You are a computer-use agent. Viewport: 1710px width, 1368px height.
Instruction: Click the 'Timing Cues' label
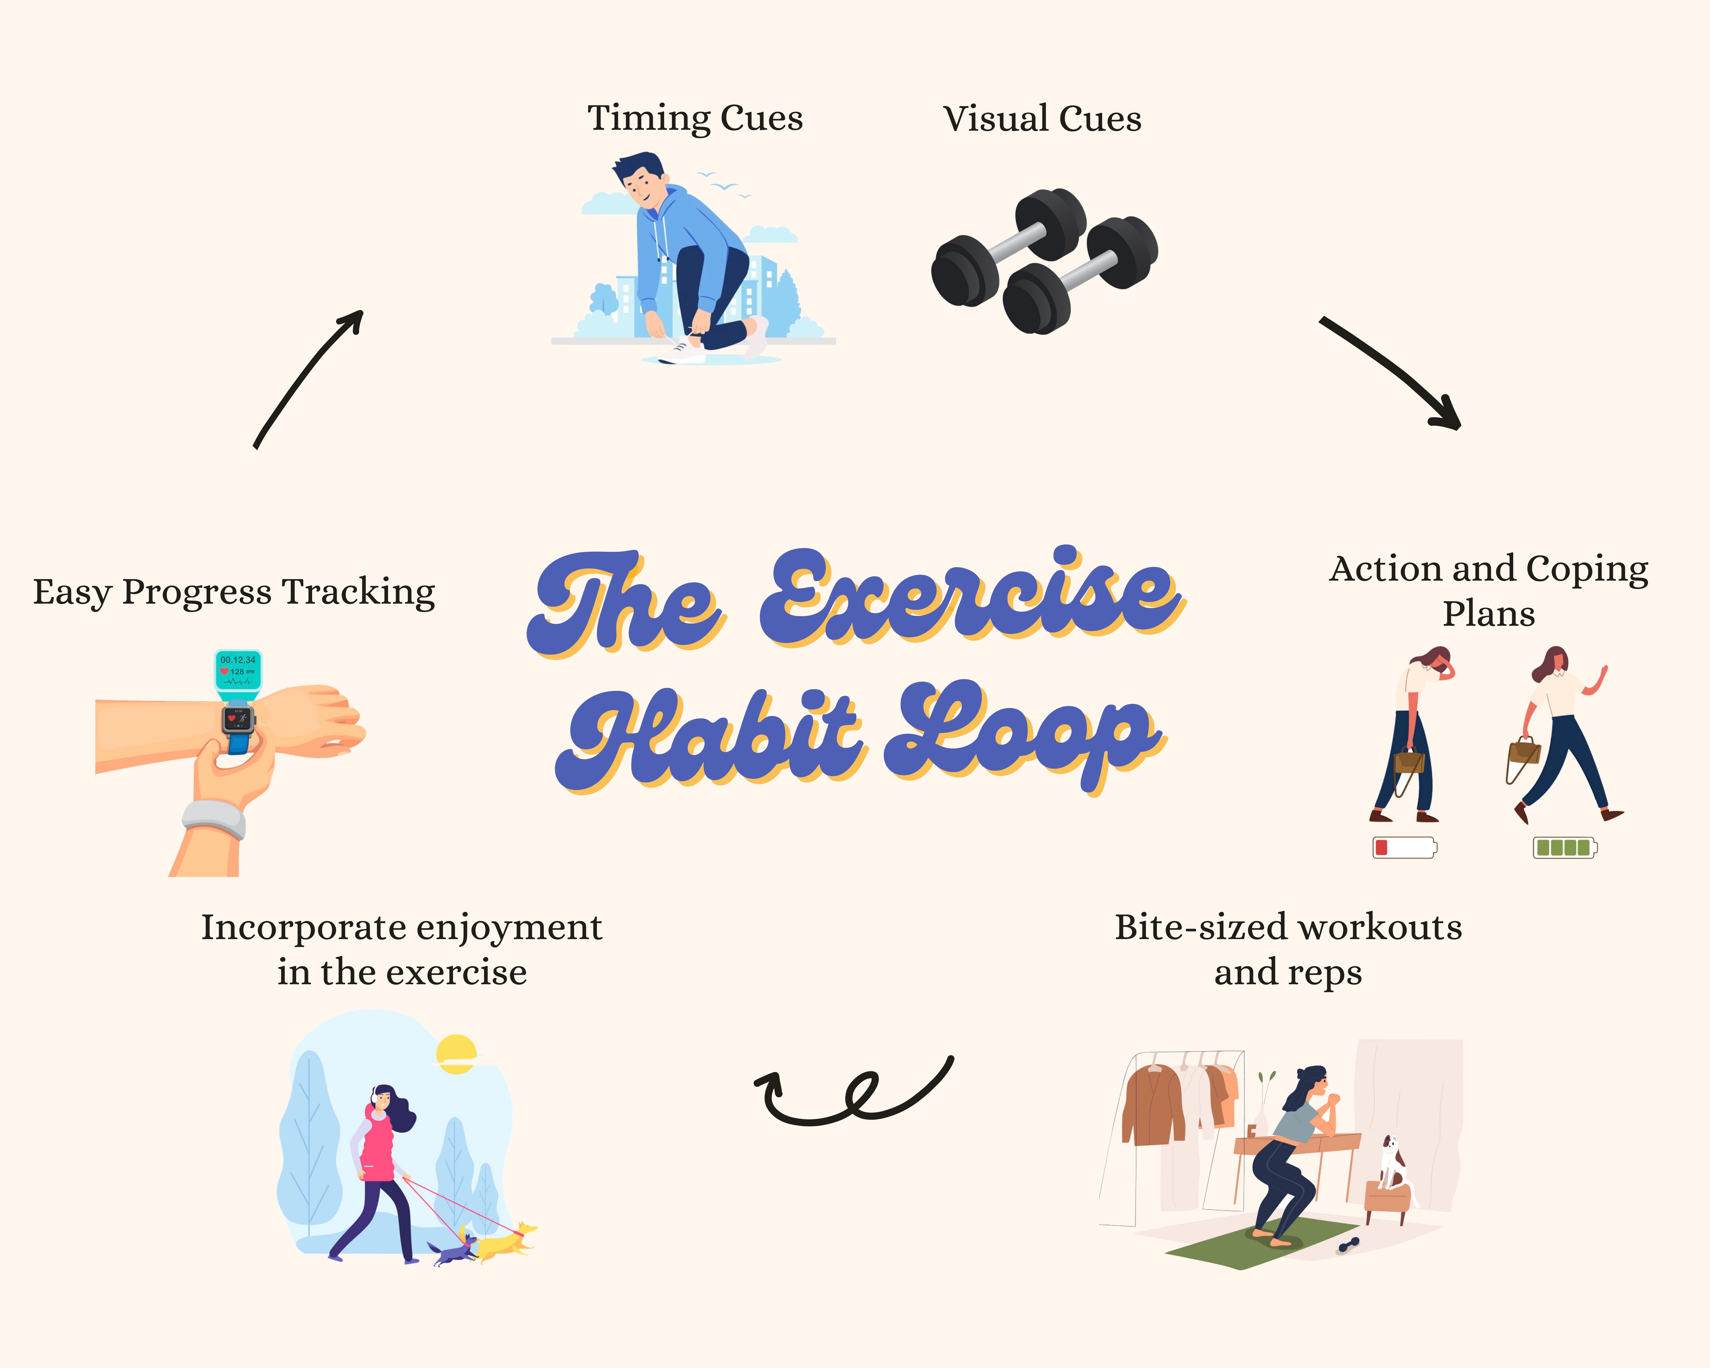[695, 119]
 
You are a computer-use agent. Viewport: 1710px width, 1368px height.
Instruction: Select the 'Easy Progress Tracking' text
[234, 592]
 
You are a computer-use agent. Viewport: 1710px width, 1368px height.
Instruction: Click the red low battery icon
[1404, 847]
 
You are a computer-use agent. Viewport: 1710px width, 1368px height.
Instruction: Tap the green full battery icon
[1564, 847]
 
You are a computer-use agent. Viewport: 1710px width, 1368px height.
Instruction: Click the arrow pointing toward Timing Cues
[309, 377]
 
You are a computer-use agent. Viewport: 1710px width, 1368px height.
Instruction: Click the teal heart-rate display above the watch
[238, 670]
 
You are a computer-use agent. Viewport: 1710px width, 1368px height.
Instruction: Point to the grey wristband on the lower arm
[214, 819]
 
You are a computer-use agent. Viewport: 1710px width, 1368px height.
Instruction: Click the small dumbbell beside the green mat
[1348, 1245]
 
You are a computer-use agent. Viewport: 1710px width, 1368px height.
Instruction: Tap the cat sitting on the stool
[1392, 1162]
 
